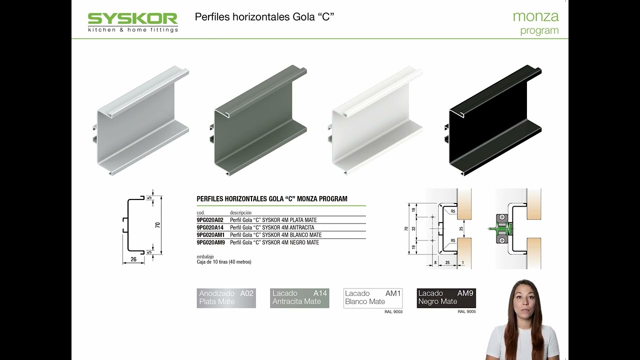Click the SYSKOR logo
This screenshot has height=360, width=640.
click(x=133, y=22)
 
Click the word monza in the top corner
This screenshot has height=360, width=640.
click(x=535, y=16)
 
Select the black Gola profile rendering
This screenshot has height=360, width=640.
click(x=493, y=120)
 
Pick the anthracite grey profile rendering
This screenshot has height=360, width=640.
click(x=258, y=120)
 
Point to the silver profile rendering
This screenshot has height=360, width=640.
click(x=140, y=120)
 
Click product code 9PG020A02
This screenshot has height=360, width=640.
click(x=210, y=220)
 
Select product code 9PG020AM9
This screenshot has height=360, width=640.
click(x=211, y=242)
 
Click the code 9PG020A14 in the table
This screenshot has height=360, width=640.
click(x=210, y=227)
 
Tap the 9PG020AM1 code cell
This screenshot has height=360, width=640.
click(x=210, y=235)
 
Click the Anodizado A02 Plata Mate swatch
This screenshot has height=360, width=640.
click(x=226, y=298)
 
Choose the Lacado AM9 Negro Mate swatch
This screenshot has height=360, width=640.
click(x=446, y=298)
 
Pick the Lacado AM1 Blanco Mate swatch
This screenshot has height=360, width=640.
click(x=373, y=298)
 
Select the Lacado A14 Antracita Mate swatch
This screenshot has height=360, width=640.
click(x=299, y=298)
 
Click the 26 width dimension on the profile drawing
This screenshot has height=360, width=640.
click(x=133, y=259)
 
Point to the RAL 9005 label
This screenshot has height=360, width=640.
click(x=467, y=311)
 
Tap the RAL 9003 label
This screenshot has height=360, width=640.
click(x=393, y=311)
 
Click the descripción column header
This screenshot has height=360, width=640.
click(x=240, y=213)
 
